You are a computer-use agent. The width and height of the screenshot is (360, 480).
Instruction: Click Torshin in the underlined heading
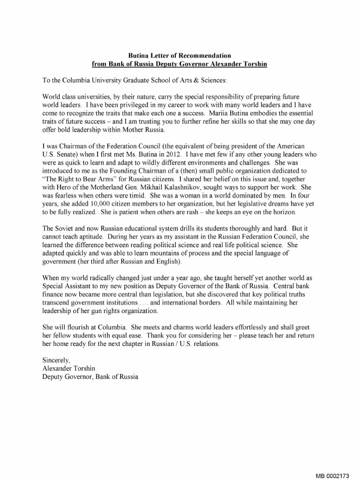point(254,64)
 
